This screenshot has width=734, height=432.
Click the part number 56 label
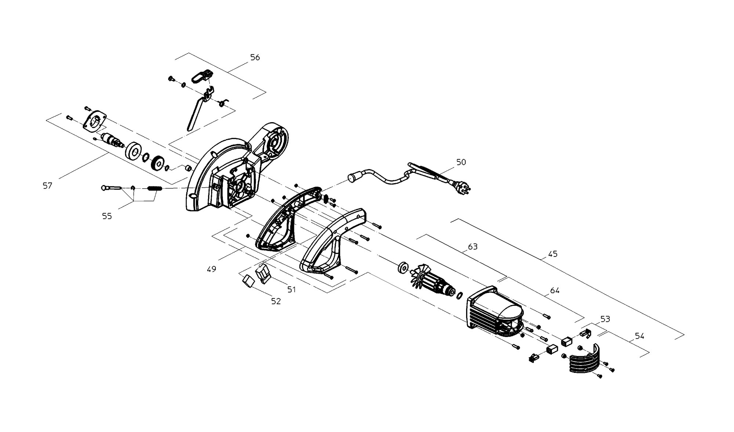coord(255,57)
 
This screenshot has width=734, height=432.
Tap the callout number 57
coord(47,186)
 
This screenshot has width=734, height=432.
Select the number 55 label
coord(107,216)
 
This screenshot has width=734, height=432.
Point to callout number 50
coord(461,162)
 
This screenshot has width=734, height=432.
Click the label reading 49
coord(211,269)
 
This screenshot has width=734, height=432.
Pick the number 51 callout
coord(291,290)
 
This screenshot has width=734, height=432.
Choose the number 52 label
coord(276,301)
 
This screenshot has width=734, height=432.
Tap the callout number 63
coord(473,247)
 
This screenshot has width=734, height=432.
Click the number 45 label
coord(553,254)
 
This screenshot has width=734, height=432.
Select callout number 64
coord(555,291)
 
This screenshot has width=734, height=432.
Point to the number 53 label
coord(605,319)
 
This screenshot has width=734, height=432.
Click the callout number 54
coord(639,336)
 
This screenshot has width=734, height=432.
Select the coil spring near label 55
coord(155,189)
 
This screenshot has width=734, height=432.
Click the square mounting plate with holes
coord(95,121)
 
